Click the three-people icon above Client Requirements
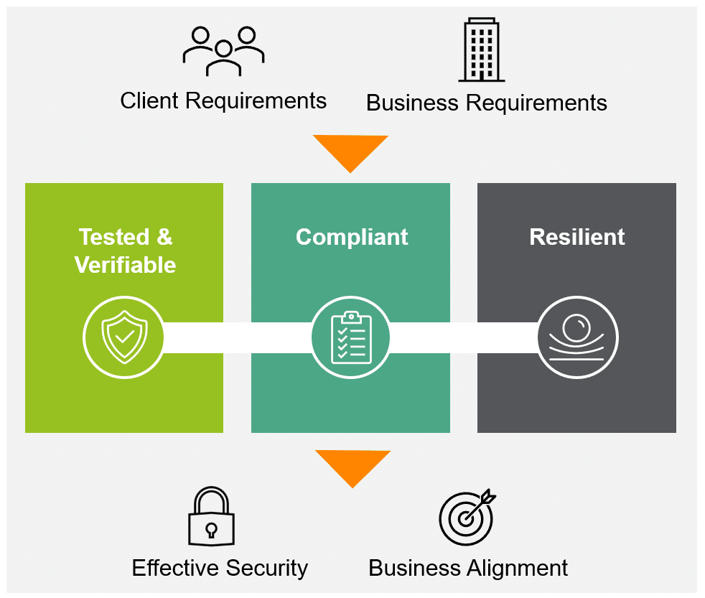tap(223, 51)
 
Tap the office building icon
tap(481, 50)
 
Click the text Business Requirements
tap(486, 103)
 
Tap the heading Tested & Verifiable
tap(126, 251)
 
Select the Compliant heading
tap(352, 237)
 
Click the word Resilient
tap(577, 237)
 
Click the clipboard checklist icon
tap(351, 337)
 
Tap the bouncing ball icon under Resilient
tap(577, 337)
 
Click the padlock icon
tap(211, 518)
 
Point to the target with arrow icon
tap(467, 517)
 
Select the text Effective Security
tap(220, 568)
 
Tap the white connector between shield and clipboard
tap(237, 337)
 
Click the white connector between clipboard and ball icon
tap(464, 337)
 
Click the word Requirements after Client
tap(255, 101)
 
